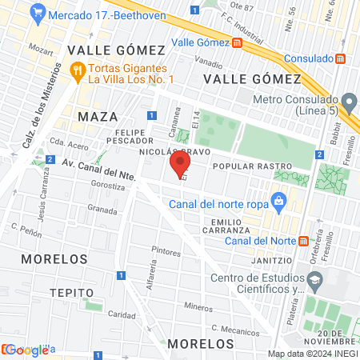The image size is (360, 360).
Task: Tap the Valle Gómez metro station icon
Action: click(x=238, y=42)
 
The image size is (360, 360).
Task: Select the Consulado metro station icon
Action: click(x=341, y=58)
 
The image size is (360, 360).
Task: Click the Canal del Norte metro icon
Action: click(x=303, y=241)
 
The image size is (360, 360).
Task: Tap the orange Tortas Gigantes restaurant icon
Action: click(x=77, y=70)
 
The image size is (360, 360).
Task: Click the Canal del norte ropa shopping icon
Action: click(x=278, y=200)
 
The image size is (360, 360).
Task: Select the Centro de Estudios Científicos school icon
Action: click(x=315, y=280)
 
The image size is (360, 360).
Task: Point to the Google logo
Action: click(x=26, y=350)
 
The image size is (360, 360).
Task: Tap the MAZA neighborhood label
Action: click(x=98, y=117)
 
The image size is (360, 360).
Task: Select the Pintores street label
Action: click(x=166, y=251)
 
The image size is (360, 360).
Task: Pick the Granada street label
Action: click(x=102, y=210)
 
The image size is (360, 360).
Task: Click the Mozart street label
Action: click(x=39, y=47)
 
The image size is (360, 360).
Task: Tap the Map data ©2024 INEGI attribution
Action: click(x=312, y=354)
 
